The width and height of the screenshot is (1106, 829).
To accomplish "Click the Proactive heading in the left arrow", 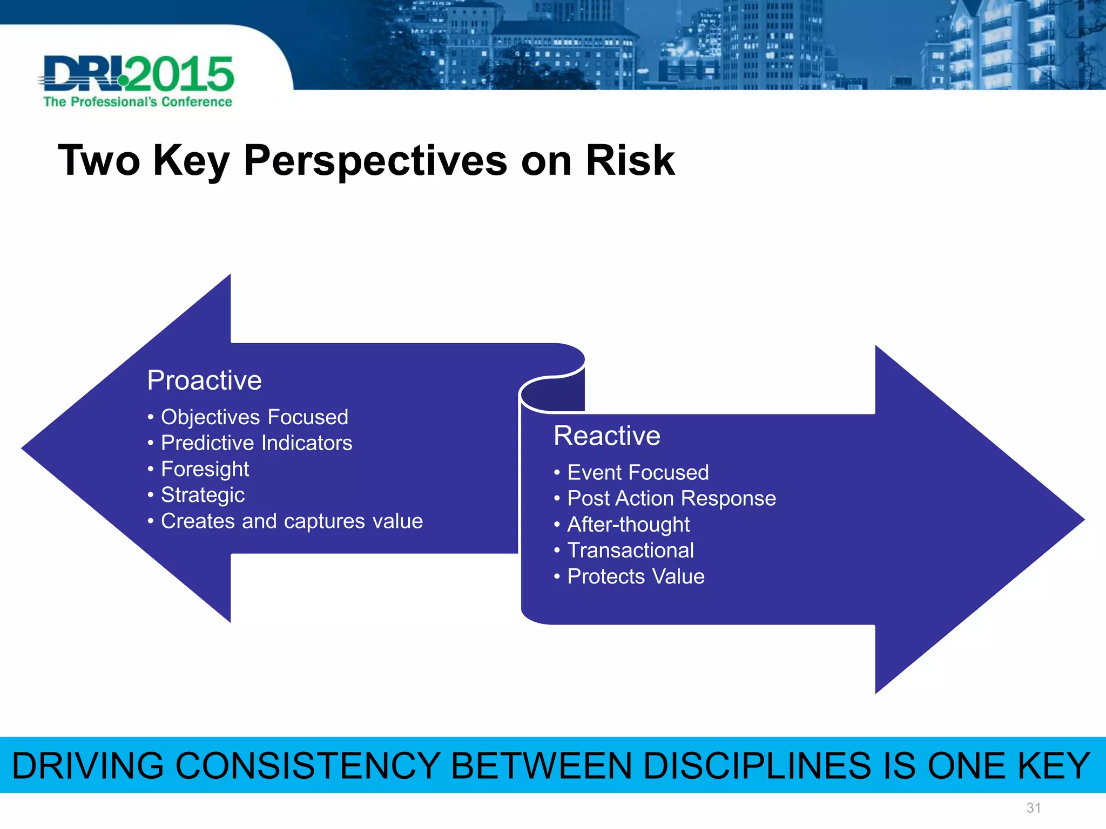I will (x=204, y=380).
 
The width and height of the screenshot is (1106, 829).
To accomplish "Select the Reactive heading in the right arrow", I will (x=606, y=436).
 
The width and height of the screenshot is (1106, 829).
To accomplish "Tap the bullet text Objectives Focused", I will (x=254, y=417).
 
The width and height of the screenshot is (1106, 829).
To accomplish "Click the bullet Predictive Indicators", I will (x=257, y=443).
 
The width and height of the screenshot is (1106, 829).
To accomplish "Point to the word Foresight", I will (x=205, y=469).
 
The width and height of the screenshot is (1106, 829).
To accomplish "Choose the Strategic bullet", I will (x=203, y=495).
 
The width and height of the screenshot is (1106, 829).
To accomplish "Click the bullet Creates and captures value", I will (x=292, y=521).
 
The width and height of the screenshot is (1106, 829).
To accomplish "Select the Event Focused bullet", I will (x=638, y=473).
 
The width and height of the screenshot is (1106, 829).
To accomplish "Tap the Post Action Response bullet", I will (x=671, y=498).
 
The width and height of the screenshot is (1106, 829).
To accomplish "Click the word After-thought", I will (x=628, y=525).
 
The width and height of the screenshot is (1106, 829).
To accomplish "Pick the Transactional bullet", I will (x=630, y=551).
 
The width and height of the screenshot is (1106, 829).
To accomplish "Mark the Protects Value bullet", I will (x=636, y=576).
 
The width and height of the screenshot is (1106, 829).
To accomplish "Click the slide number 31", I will (x=1033, y=808).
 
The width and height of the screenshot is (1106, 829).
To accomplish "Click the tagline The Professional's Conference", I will (x=138, y=102).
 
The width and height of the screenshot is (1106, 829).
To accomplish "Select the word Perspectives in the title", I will (x=375, y=161).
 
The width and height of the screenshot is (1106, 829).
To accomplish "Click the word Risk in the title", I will (x=630, y=161).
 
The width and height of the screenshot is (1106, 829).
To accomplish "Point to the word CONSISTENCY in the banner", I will (x=308, y=766).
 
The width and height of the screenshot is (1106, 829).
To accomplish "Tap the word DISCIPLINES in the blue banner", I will (x=757, y=766).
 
